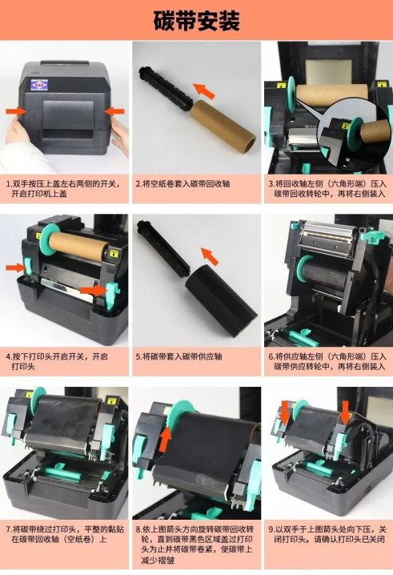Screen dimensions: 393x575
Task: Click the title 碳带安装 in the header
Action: coord(197,21)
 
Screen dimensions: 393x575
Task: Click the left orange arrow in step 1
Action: coord(15,111)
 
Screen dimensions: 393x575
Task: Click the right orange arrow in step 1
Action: coord(114,111)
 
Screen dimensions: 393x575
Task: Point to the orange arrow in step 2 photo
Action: coord(204,90)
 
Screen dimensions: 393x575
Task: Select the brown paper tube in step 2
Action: coord(223,125)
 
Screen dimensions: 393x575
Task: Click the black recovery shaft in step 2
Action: coord(166,87)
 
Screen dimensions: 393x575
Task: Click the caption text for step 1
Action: coord(63,188)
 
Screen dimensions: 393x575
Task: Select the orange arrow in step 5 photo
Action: coord(210,256)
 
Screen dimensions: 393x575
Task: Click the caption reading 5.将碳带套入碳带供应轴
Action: coord(179,356)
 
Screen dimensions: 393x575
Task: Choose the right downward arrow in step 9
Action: coord(345,412)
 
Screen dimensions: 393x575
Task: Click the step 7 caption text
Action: coord(65,534)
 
